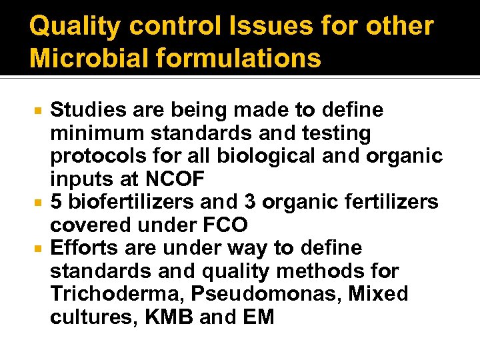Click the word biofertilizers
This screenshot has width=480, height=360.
pos(133,203)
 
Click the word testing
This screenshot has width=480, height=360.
pos(337,133)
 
